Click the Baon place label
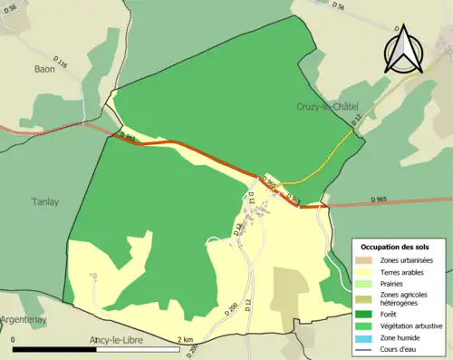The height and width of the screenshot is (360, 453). click(44, 68)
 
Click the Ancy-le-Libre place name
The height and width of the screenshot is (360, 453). click(122, 341)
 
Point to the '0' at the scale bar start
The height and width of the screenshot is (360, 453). click(14, 340)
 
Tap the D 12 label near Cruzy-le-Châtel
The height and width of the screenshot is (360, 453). click(356, 118)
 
